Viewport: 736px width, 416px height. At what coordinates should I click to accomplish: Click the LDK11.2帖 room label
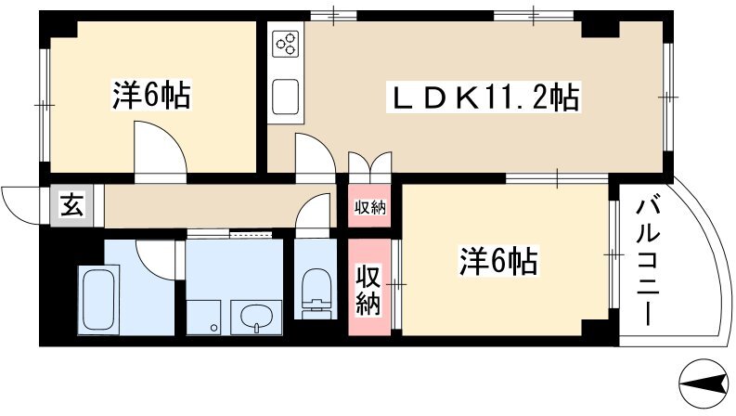[x=483, y=97]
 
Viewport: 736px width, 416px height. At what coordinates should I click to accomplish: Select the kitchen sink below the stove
[x=285, y=96]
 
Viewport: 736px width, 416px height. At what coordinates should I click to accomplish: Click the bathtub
[x=98, y=300]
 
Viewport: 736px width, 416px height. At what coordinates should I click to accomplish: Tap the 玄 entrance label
[x=72, y=205]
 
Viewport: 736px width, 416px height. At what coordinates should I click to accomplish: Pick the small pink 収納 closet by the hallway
[x=370, y=206]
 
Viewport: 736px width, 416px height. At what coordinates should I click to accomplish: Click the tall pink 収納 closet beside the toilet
[x=369, y=287]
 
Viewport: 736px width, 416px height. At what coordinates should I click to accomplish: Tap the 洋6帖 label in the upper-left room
[x=151, y=96]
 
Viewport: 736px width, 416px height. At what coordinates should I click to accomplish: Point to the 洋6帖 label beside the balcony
[x=498, y=260]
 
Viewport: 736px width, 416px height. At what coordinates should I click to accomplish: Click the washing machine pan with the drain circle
[x=203, y=318]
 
